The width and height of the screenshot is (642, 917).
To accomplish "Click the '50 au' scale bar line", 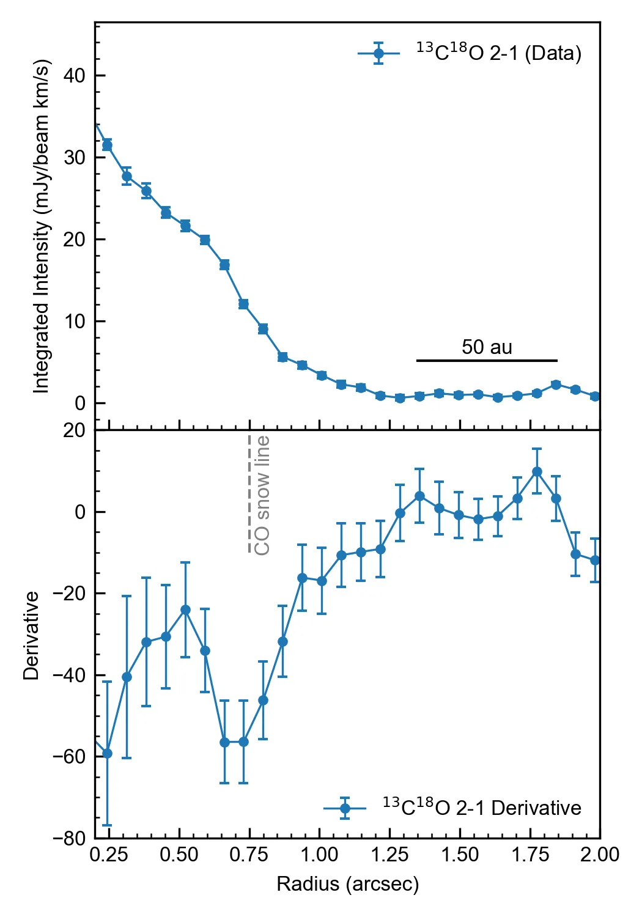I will coord(487,361).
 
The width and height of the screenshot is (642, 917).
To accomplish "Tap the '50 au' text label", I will coord(487,347).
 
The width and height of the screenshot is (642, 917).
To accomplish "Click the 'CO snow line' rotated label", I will coord(262,495).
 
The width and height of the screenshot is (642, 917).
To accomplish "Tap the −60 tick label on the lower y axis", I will coord(70,757).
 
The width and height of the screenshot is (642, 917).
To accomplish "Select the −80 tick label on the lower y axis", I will coord(70,838).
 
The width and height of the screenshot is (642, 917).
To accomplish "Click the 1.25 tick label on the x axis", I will coord(389,855).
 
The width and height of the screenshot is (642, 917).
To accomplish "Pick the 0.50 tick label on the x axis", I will coord(179,855).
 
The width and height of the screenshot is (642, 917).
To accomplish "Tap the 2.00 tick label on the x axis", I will coord(600,855).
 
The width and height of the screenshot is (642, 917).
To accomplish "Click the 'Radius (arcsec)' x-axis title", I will coord(347,884).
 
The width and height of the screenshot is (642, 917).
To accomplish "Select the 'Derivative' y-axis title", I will coord(31,636).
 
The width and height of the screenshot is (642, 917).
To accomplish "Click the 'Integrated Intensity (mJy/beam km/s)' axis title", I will coord(41,226).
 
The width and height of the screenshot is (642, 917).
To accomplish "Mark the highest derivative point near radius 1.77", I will coord(537,471).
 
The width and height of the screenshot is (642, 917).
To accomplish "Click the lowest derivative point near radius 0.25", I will coord(107,753).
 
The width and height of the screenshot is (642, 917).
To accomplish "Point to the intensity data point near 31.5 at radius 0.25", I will coord(107,145).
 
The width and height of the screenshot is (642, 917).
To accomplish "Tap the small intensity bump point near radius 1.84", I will coord(556,385).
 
